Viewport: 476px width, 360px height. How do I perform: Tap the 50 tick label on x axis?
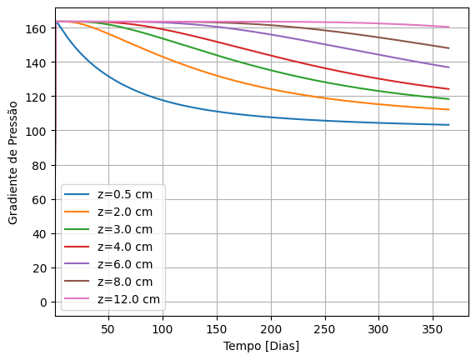point(108,329)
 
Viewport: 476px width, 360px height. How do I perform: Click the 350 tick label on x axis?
point(433,329)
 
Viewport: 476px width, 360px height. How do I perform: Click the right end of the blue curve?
point(449,125)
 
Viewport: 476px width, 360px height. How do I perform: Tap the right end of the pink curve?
point(449,27)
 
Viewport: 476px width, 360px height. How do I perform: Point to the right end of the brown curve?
point(449,48)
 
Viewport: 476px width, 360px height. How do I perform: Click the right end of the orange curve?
point(449,110)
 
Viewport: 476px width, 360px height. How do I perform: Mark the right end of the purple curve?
point(449,67)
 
